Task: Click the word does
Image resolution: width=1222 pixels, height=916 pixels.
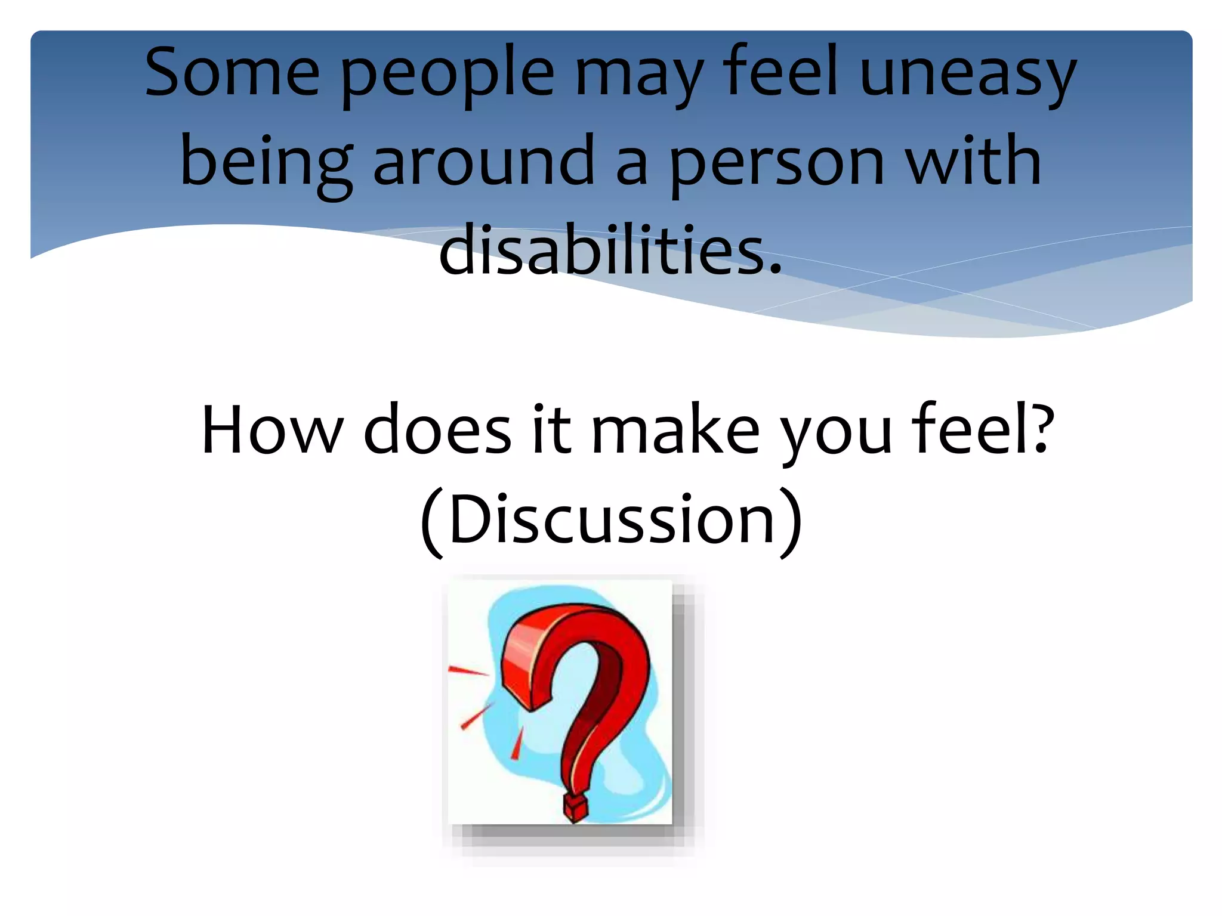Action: click(437, 429)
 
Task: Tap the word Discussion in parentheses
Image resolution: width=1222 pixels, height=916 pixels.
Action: click(612, 520)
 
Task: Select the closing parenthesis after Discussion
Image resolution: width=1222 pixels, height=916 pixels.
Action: click(791, 522)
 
